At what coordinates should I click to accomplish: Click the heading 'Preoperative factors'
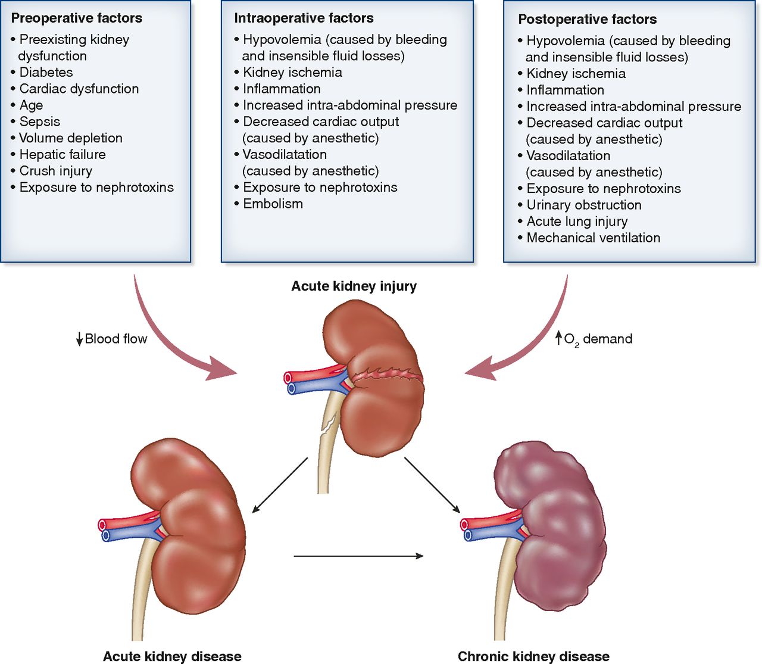[76, 18]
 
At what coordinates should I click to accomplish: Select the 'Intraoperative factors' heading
[304, 18]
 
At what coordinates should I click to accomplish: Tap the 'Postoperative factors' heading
[587, 19]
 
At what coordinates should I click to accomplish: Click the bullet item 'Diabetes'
[46, 72]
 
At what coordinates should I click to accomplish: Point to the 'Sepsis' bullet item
[39, 121]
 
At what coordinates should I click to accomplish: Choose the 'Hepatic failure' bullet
[63, 154]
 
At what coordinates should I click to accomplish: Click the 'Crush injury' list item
[55, 171]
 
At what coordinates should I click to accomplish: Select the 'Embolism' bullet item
[273, 204]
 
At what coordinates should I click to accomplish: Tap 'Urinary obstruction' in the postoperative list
[583, 205]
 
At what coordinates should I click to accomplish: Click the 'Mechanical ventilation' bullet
[593, 238]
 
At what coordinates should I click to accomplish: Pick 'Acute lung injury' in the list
[577, 222]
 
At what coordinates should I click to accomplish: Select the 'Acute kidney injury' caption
[354, 286]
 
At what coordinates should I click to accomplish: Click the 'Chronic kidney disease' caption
[533, 656]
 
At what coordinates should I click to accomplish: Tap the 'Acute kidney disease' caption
[172, 656]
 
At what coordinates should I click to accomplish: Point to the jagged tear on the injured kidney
[387, 375]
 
